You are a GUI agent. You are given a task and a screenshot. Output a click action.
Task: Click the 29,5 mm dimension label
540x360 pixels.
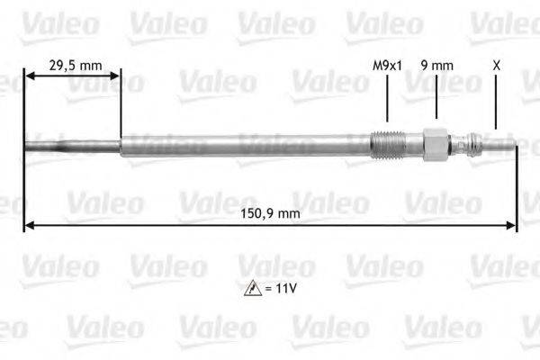75,65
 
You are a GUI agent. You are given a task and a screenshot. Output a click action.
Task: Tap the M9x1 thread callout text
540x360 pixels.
387,65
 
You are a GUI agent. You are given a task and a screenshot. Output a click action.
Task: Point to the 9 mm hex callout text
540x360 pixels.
436,65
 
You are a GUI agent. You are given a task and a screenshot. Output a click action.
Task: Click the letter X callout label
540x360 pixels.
496,65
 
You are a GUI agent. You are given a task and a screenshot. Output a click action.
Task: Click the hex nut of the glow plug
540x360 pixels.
436,145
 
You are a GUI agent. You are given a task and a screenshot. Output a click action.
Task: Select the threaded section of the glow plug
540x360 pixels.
386,145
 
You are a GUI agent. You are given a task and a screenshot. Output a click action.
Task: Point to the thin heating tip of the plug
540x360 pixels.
72,144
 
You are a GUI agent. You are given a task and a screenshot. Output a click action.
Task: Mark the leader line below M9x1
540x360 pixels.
387,99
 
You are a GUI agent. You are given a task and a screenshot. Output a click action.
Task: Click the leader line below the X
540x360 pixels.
496,103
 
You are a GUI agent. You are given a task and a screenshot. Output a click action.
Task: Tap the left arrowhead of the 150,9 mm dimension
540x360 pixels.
30,225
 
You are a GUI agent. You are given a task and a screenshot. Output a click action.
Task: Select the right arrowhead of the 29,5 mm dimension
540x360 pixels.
115,76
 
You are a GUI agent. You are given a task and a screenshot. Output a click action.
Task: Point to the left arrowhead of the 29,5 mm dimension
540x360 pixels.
30,76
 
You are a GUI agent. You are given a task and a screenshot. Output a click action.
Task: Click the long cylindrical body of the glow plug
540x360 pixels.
243,145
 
